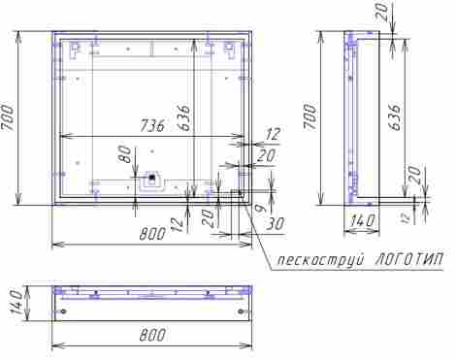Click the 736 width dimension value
pyautogui.click(x=152, y=125)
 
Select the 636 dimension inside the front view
pyautogui.click(x=184, y=117)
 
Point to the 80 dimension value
pyautogui.click(x=126, y=154)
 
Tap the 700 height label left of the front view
pyautogui.click(x=8, y=117)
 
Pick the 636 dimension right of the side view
pyautogui.click(x=396, y=117)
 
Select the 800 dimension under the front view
pyautogui.click(x=152, y=234)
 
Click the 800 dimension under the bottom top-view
pyautogui.click(x=152, y=335)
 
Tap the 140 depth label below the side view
pyautogui.click(x=362, y=220)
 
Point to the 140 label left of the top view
pyautogui.click(x=16, y=302)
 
